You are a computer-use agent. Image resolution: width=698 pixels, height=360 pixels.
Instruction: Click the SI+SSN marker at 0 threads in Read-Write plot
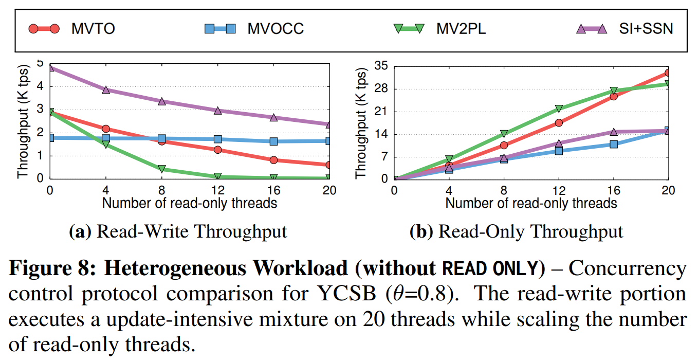click(50, 68)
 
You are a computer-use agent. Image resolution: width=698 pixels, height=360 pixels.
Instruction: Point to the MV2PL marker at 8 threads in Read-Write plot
click(162, 169)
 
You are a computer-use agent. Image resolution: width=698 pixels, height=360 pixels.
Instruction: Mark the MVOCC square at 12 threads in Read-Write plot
click(217, 139)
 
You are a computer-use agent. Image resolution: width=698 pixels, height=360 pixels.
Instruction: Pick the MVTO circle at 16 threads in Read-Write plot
click(273, 160)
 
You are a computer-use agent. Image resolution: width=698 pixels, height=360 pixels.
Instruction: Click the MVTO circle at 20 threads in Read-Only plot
click(668, 73)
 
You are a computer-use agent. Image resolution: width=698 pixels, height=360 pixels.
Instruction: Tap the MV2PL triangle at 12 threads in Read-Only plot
click(559, 109)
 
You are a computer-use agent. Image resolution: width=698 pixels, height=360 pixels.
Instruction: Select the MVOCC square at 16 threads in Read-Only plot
click(614, 144)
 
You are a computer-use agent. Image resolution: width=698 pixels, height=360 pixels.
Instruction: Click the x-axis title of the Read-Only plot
click(531, 203)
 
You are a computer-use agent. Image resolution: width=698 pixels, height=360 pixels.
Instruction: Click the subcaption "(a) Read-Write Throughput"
click(178, 231)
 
